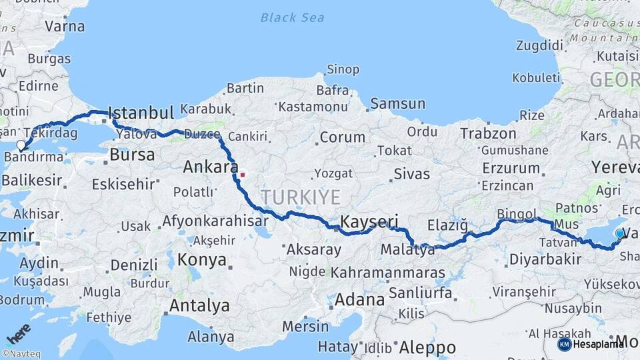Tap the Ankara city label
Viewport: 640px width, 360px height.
click(211, 167)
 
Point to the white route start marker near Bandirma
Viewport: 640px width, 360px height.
click(21, 145)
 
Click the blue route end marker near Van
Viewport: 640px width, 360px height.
click(620, 233)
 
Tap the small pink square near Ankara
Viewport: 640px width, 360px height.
click(243, 175)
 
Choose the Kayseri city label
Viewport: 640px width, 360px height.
click(369, 221)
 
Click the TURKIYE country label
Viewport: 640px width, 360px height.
click(300, 197)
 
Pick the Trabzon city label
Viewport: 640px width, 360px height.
click(488, 133)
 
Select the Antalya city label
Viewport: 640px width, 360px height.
click(199, 306)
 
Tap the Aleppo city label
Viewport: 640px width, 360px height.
click(427, 347)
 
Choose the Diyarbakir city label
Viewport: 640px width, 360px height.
click(545, 259)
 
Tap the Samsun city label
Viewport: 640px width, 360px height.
click(397, 103)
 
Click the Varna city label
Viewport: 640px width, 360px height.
click(65, 27)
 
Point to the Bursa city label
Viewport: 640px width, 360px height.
click(132, 155)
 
